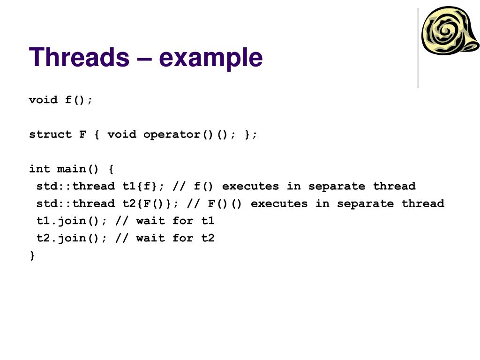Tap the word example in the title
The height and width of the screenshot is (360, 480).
tap(210, 58)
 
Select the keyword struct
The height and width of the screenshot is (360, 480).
tap(50, 135)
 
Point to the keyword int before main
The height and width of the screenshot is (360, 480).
tap(39, 169)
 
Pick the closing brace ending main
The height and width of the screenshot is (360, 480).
tap(32, 255)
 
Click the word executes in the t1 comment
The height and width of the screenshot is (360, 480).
tap(250, 186)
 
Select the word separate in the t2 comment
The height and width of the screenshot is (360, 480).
tap(365, 203)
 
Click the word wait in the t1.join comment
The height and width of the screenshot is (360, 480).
tap(150, 221)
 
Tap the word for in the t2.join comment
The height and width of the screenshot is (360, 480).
tap(183, 238)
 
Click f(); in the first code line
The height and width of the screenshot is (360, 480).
tap(79, 100)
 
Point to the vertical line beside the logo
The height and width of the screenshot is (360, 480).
tap(418, 47)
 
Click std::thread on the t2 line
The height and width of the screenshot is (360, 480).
tap(75, 203)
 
